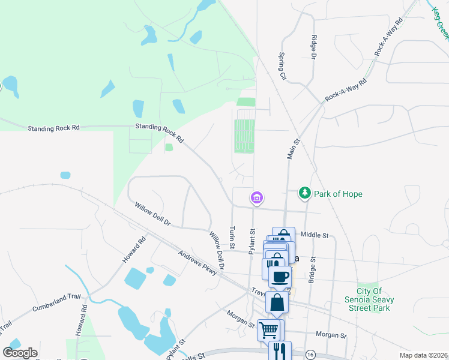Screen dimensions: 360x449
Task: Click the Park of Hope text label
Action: tap(339, 194)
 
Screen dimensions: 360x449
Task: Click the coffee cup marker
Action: tap(280, 277)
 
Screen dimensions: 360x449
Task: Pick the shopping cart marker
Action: tap(268, 329)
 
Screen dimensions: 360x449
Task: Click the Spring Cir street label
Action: tap(282, 66)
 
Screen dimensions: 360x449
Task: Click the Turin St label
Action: tap(232, 238)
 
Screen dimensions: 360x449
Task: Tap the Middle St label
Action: tap(315, 235)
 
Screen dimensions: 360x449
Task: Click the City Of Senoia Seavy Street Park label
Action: tap(373, 298)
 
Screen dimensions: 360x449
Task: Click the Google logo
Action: tap(20, 352)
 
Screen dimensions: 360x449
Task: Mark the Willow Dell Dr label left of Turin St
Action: tap(152, 214)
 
